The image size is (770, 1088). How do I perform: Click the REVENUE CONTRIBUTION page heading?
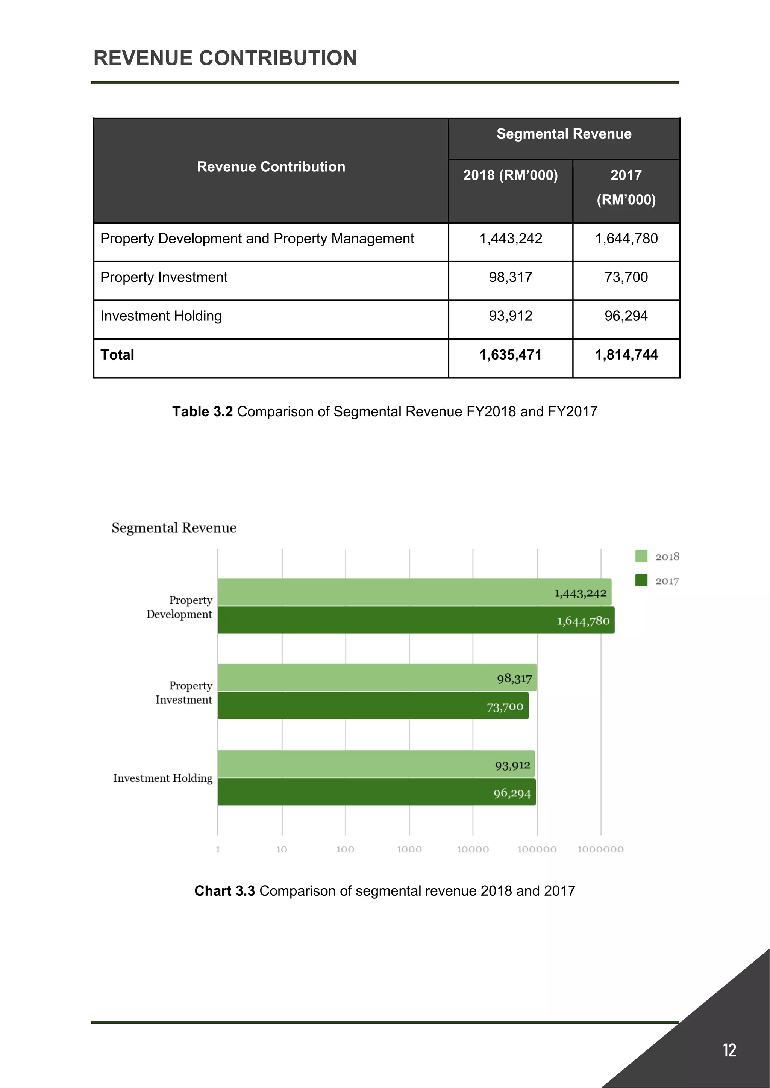[225, 58]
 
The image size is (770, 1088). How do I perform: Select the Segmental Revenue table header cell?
[564, 134]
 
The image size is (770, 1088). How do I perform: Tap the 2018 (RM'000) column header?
[510, 175]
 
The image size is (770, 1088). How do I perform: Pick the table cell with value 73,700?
[626, 277]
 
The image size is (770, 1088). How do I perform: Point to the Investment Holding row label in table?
[161, 316]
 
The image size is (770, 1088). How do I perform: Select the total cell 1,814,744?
[626, 355]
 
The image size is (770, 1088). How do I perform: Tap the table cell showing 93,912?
[510, 316]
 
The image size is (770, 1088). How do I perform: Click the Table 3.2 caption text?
[385, 411]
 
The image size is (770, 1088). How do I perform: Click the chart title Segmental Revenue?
[174, 528]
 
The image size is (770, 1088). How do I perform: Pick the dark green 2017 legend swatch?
[641, 580]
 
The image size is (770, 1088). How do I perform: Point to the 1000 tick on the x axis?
[409, 849]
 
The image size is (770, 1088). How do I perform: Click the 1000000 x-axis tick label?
[600, 849]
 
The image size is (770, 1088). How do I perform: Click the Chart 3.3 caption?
[385, 891]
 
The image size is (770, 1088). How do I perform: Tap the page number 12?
[729, 1050]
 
